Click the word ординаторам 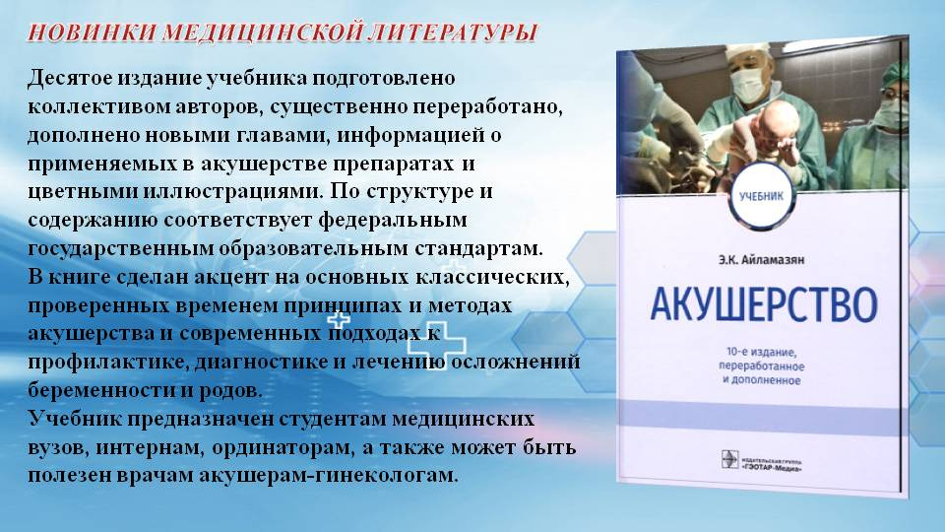click(283, 447)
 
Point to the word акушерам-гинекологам click(329, 475)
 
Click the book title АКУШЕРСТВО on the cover click(764, 304)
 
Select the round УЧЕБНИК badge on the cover click(761, 195)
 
